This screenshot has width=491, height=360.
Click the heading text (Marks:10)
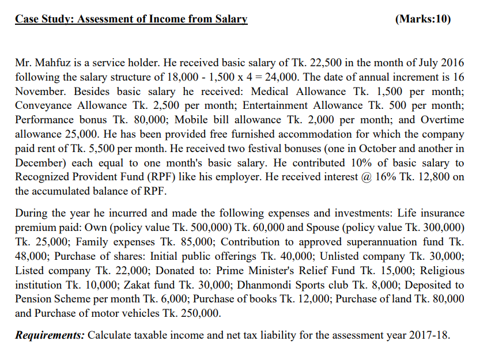click(x=424, y=20)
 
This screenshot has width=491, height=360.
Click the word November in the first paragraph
click(x=38, y=91)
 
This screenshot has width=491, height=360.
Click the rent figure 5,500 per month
click(x=87, y=148)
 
